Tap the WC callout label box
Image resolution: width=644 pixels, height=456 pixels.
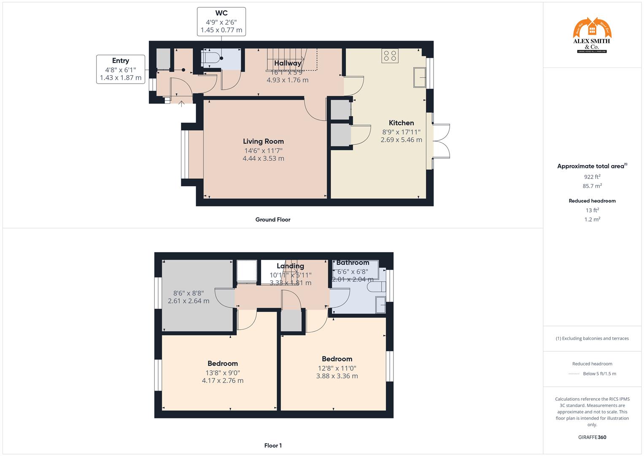(221, 22)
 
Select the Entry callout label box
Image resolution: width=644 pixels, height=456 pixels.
(121, 69)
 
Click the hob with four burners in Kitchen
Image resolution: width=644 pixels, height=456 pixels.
(390, 56)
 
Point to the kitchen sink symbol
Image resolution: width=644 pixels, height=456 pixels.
(419, 77)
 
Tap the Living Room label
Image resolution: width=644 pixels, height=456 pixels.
(263, 141)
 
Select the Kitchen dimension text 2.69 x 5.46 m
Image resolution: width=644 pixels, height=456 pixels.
(401, 140)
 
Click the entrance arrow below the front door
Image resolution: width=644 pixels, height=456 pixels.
(182, 103)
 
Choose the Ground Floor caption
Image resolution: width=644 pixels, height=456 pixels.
(273, 220)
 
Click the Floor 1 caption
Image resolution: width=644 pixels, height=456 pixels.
(273, 445)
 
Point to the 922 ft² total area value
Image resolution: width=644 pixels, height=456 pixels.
(592, 177)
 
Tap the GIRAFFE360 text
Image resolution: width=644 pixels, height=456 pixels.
(592, 437)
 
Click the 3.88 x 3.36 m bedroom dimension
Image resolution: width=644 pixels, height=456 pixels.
(337, 376)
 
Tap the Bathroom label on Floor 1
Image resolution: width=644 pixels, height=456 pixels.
(353, 263)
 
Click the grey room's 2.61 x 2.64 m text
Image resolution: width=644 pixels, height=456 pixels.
(189, 301)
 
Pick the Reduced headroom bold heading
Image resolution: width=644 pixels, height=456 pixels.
(592, 201)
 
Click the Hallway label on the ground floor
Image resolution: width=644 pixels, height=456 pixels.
(288, 63)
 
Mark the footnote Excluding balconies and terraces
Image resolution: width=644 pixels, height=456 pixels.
(592, 338)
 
